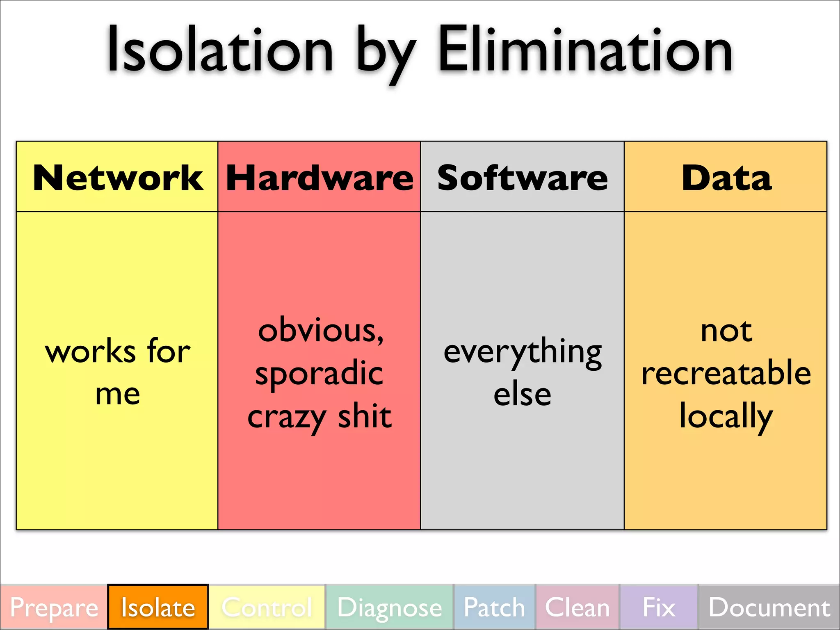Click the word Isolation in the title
[x=219, y=50]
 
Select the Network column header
[x=118, y=178]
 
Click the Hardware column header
[x=320, y=178]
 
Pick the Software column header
[x=522, y=178]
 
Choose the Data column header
[x=726, y=178]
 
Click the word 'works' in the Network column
[x=90, y=352]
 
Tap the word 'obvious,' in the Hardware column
[x=321, y=330]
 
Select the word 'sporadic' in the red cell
[x=319, y=373]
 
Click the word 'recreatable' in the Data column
[x=726, y=373]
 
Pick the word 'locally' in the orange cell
[x=726, y=416]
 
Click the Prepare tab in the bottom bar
[x=54, y=607]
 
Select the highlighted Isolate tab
[x=158, y=607]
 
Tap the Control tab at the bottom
[x=267, y=607]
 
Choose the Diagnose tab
[x=389, y=607]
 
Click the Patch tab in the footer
[x=494, y=607]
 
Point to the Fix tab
[x=659, y=607]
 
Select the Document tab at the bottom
[x=769, y=607]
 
